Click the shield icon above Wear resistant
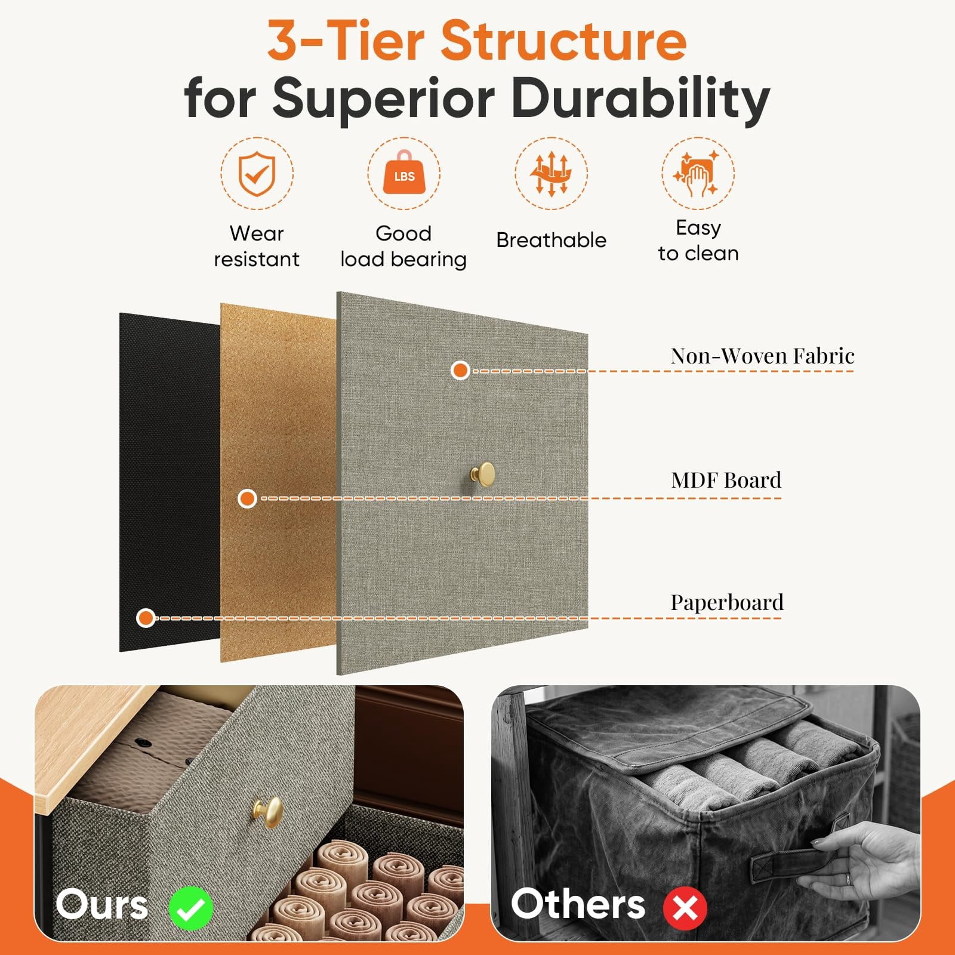click(x=257, y=173)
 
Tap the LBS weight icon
click(x=404, y=172)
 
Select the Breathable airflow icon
click(x=551, y=173)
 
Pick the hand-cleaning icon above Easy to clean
click(x=697, y=174)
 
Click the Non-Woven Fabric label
click(x=762, y=356)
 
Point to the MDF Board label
click(x=726, y=480)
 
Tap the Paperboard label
click(x=726, y=602)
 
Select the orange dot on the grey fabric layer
click(x=460, y=370)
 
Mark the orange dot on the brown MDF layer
click(x=247, y=498)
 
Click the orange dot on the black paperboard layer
click(x=146, y=618)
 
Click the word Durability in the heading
click(x=640, y=98)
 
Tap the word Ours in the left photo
click(x=102, y=904)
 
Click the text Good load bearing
click(x=403, y=247)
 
